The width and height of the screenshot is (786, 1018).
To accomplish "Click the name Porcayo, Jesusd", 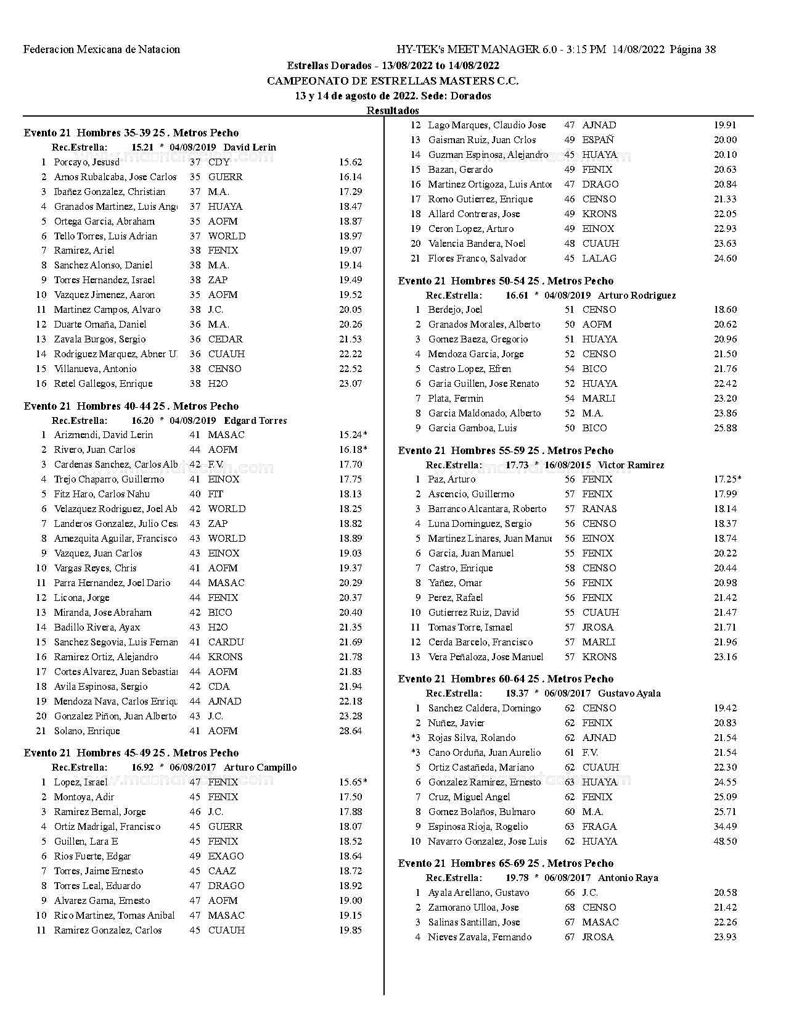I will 86,162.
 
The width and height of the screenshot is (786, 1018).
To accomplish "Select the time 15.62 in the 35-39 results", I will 350,162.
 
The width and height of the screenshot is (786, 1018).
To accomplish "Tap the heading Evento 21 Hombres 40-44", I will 131,406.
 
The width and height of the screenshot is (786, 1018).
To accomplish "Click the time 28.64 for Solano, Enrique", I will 350,731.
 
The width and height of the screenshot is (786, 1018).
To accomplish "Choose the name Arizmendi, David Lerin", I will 104,435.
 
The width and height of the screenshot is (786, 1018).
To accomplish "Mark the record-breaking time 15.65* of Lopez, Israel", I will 353,782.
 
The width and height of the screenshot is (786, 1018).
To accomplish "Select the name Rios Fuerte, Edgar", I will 92,856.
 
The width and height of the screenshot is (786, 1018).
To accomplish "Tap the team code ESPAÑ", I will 598,140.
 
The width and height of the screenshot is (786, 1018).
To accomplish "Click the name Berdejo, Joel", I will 455,310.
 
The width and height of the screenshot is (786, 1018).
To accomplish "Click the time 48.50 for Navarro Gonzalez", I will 725,842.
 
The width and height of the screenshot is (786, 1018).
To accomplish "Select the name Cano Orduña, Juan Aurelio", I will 484,753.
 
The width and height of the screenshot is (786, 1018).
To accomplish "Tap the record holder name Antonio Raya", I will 628,878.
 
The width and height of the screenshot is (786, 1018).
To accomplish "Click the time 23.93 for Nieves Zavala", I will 725,937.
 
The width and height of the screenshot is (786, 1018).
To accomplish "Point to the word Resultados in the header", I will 393,110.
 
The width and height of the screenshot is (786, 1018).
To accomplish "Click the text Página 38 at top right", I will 692,49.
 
